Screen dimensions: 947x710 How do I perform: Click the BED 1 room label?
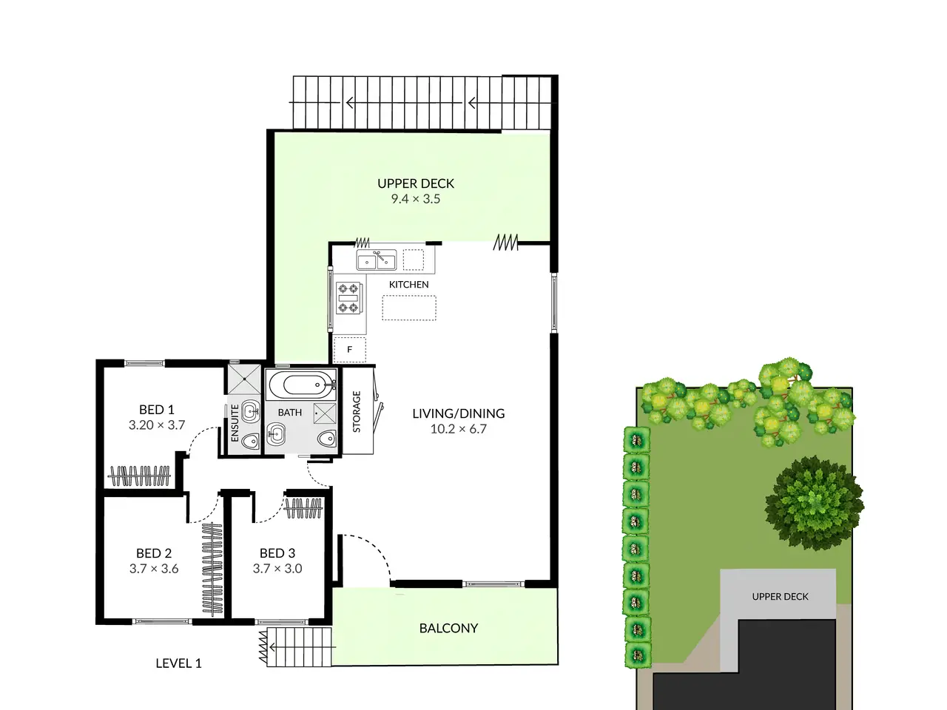157,410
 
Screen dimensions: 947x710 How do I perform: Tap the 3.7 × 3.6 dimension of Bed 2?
154,569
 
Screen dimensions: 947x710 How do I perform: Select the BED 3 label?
277,553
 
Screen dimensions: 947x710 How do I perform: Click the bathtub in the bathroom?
302,385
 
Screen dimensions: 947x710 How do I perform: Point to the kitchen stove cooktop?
348,297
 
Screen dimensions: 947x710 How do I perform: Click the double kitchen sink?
377,260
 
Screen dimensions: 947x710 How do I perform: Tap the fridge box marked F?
350,350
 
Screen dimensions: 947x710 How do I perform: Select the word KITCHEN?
408,285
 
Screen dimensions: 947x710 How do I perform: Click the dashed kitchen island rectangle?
409,308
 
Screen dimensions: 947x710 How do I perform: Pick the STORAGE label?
357,412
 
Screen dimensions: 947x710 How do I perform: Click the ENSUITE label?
235,423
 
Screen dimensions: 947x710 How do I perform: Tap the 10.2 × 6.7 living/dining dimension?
459,429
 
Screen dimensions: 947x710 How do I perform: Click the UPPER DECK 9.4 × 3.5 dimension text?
416,199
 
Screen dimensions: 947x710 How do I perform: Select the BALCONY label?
448,628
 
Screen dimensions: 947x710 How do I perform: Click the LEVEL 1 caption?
178,663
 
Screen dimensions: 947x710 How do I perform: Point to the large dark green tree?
814,503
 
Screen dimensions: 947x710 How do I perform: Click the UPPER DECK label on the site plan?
780,597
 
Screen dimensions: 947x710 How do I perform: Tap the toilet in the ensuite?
251,441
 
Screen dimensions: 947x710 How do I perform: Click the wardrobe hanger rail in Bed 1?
139,476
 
